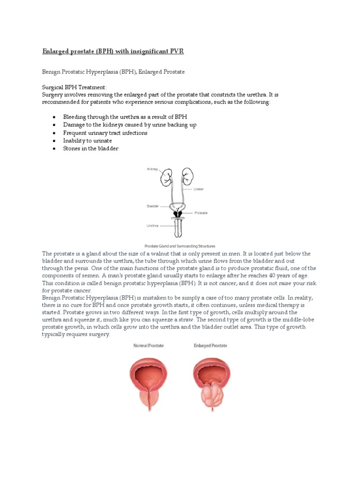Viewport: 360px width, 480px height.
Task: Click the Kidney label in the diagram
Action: point(153,169)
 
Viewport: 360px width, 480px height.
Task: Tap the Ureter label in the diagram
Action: point(199,189)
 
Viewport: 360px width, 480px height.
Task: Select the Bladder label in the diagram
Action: point(153,206)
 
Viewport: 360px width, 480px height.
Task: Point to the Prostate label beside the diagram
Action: point(202,213)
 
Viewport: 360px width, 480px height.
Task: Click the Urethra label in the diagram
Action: point(153,225)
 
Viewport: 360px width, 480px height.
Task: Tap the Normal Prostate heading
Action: point(149,345)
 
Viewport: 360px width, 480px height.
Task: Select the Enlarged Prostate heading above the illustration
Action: point(210,345)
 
